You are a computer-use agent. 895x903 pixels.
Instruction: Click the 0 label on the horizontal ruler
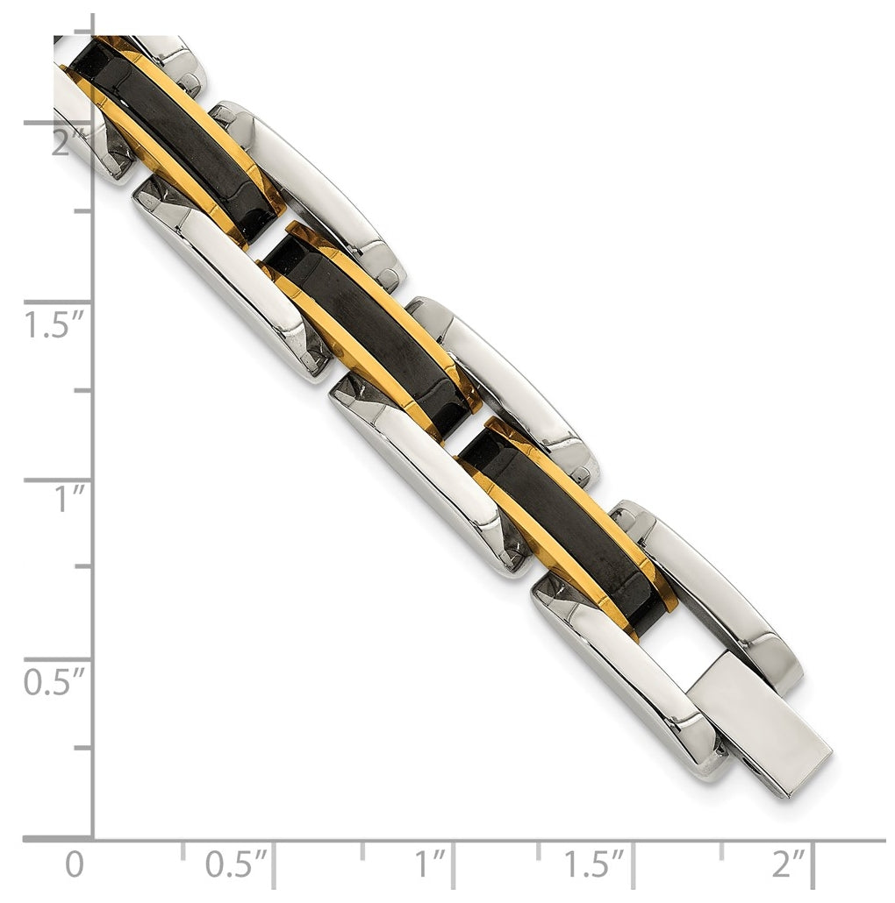(x=75, y=865)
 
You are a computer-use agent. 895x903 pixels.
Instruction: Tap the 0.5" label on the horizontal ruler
(x=236, y=864)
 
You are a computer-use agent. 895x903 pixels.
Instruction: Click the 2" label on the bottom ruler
(x=789, y=864)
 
